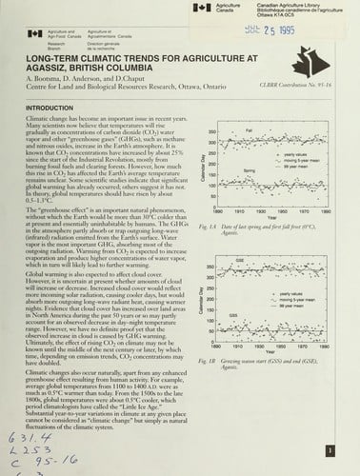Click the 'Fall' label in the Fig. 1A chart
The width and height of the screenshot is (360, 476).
[x=250, y=129]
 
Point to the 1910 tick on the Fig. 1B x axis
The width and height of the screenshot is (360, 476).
[x=237, y=337]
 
